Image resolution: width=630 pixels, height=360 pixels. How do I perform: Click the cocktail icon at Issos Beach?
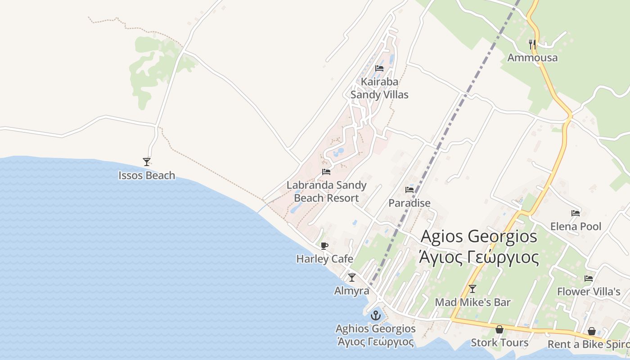146,162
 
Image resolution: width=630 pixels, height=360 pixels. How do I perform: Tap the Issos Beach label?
147,175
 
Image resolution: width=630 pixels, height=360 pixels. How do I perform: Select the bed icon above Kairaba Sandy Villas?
379,68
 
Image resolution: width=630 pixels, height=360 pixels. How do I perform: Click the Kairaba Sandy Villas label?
379,88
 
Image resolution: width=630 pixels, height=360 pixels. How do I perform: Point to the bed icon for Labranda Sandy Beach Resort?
326,172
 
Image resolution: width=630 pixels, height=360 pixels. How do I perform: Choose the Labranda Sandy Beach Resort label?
326,192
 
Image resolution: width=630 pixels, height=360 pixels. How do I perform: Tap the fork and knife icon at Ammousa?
532,44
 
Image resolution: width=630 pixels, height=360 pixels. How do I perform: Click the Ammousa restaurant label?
532,58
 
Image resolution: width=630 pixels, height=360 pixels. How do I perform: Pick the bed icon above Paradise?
409,190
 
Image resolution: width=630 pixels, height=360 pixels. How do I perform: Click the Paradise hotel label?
409,203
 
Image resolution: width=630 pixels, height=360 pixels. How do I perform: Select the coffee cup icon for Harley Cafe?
324,246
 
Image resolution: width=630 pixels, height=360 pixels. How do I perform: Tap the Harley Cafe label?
324,259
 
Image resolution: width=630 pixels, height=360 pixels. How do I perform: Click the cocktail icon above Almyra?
352,277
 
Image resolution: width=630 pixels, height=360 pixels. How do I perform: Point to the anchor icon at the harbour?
375,315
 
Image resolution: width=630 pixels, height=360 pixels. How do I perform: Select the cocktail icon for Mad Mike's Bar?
472,288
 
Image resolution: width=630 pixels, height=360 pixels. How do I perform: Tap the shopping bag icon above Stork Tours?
499,329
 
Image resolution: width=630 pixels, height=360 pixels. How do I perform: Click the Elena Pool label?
576,226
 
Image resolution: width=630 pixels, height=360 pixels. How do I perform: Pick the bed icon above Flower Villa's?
589,279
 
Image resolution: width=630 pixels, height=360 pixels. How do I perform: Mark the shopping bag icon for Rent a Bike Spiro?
592,332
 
